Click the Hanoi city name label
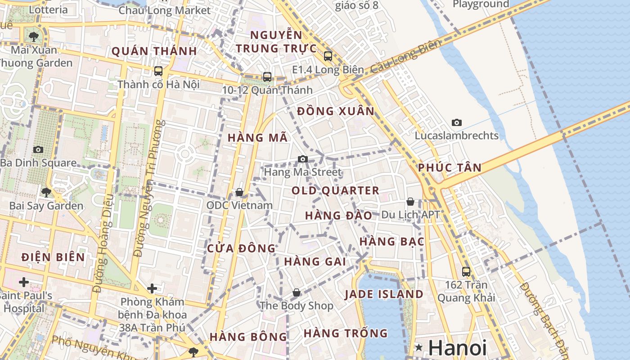coord(457,348)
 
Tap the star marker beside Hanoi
coord(419,347)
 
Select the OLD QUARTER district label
coord(335,190)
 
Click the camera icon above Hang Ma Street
coord(303,159)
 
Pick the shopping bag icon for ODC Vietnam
coord(239,192)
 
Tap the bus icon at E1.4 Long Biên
coord(328,56)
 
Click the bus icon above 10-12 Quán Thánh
coord(267,76)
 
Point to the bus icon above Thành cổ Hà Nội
coord(158,71)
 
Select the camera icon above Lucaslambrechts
coord(457,122)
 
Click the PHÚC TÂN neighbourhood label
coord(450,168)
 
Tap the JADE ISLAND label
coord(384,294)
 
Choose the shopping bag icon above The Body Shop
coord(297,292)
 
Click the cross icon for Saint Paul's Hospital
coord(24,282)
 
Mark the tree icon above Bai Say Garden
coord(46,193)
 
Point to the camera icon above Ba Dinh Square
coord(38,149)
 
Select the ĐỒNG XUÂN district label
coord(336,111)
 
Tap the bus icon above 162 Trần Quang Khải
coord(466,271)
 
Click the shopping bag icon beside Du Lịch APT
coord(410,202)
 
